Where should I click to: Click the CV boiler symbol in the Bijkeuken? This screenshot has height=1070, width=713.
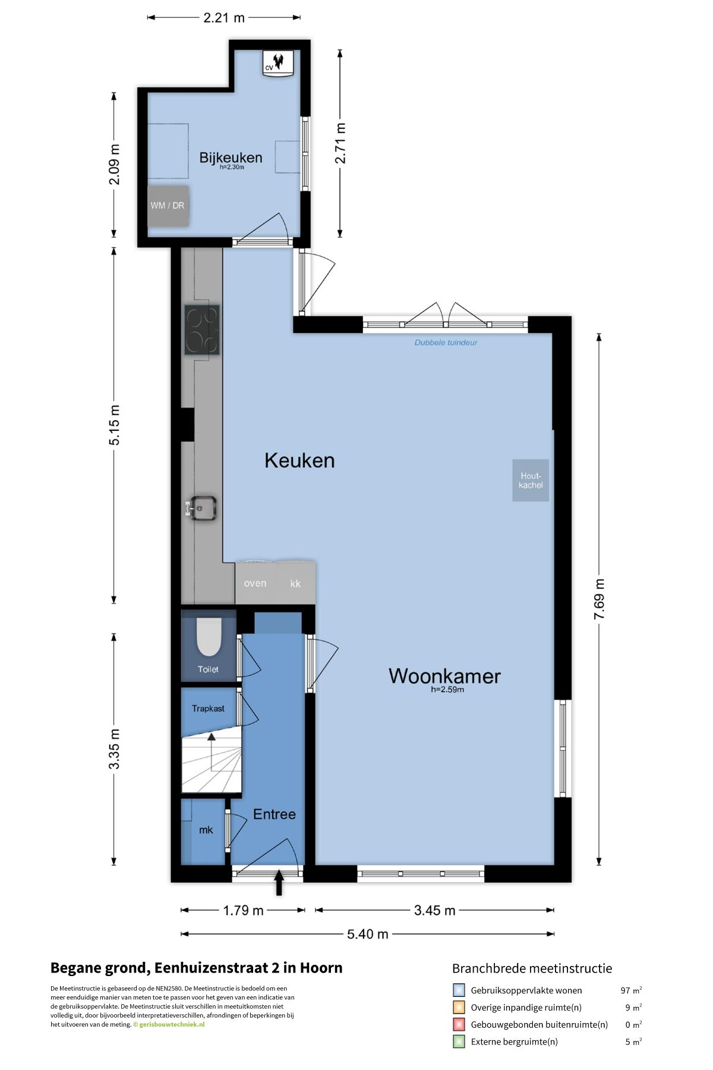tap(279, 62)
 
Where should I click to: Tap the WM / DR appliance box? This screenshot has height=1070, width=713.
tap(168, 206)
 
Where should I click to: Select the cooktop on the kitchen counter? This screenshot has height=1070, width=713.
tap(202, 330)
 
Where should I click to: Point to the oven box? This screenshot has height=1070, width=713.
tap(255, 583)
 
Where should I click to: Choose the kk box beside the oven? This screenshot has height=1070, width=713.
tap(295, 583)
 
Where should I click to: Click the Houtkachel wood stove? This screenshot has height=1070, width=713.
tap(531, 480)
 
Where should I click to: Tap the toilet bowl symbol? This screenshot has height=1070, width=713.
tap(208, 637)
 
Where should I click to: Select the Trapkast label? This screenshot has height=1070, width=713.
tap(208, 709)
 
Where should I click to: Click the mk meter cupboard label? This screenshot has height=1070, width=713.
tap(206, 830)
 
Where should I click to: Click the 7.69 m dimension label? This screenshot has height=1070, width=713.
tap(600, 599)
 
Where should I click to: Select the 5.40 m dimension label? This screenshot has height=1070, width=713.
tap(367, 934)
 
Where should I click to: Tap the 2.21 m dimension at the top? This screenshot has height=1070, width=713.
tap(224, 18)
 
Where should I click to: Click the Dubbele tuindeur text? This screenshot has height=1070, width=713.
tap(446, 342)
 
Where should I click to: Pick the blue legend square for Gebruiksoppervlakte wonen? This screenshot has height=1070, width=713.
tap(459, 990)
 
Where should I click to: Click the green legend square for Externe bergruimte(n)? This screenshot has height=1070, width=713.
tap(459, 1041)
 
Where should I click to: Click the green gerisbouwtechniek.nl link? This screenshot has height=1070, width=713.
tap(172, 1024)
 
